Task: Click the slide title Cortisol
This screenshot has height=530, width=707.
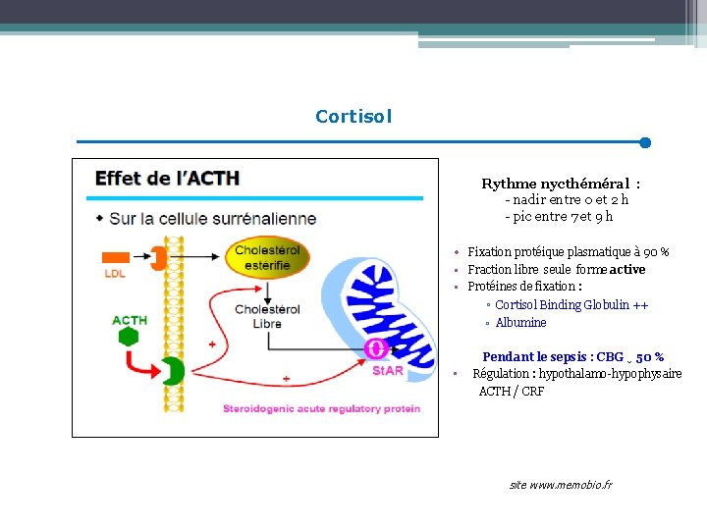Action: (353, 117)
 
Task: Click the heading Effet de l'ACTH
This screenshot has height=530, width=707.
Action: (167, 179)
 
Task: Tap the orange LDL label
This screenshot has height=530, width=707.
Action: (115, 274)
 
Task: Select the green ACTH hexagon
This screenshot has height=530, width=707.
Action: (128, 337)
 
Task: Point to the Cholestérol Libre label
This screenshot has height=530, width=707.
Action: (258, 316)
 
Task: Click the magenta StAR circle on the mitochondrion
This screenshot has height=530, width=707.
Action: (375, 348)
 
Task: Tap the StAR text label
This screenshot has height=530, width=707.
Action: (388, 371)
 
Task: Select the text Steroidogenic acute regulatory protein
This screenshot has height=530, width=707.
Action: (321, 408)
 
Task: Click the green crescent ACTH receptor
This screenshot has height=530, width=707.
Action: (172, 371)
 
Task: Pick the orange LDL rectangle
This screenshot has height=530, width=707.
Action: (116, 257)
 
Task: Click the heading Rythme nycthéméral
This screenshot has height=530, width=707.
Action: (560, 184)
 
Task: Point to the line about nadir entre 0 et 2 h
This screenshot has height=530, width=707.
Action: (567, 200)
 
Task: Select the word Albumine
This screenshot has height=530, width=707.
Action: (520, 323)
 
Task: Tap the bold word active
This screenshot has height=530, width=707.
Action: (627, 270)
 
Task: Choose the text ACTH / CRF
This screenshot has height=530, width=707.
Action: (511, 392)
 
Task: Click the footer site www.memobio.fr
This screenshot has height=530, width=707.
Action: (561, 486)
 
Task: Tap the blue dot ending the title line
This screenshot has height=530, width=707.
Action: (645, 142)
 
